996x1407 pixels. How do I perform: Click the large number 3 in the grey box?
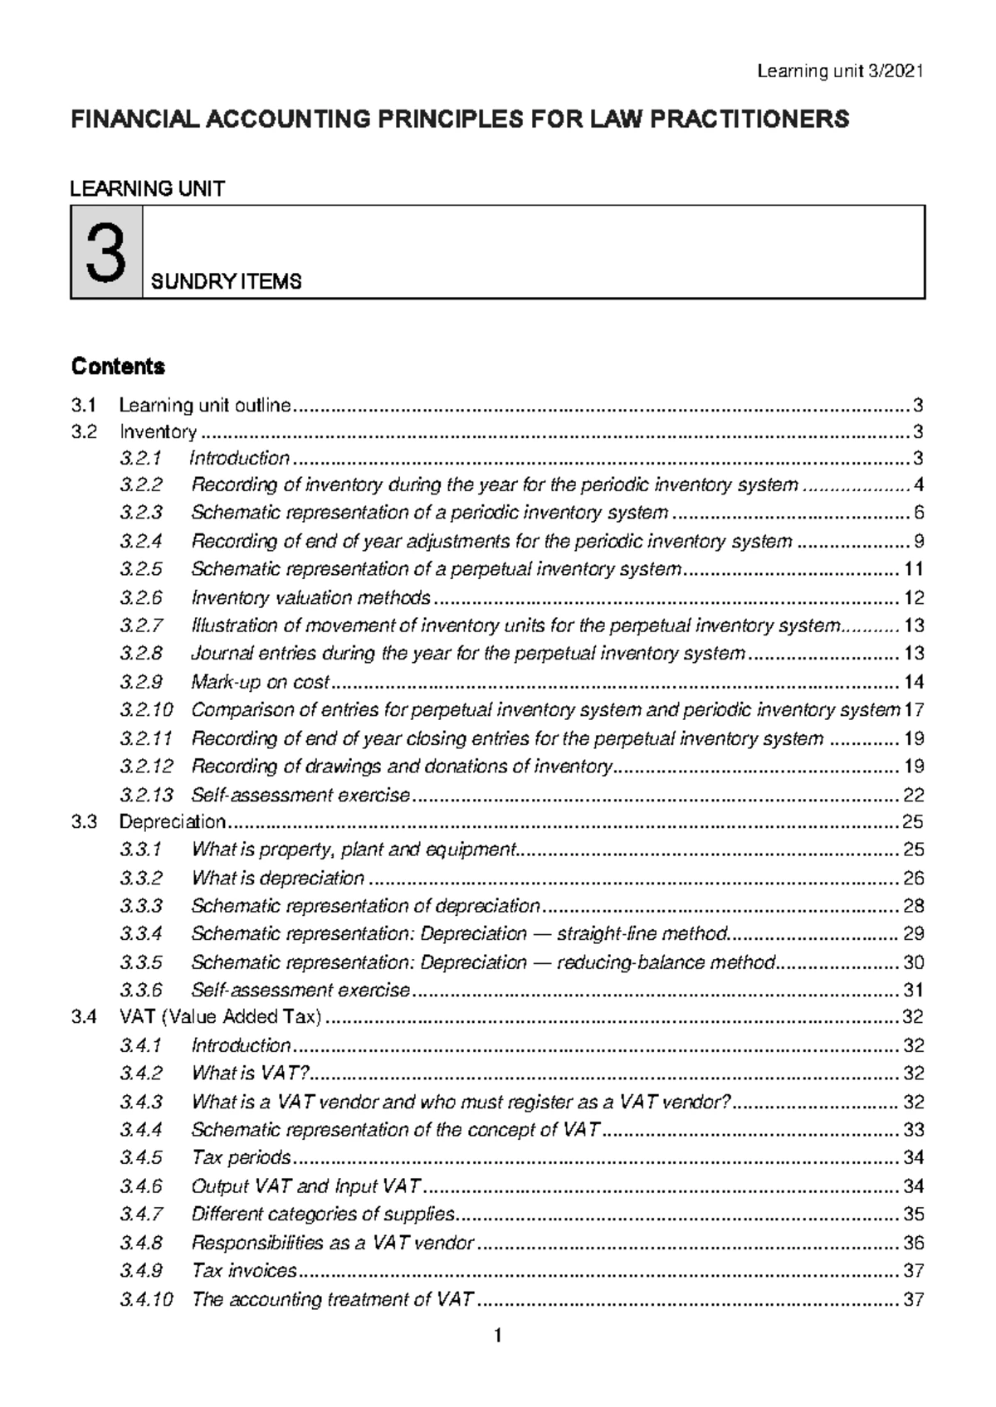tap(106, 253)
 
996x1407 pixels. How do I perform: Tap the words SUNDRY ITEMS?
tap(226, 282)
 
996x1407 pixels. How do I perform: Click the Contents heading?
tap(118, 366)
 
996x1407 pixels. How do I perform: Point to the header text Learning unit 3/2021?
tap(840, 71)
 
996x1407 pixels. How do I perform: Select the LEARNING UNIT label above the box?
tap(147, 188)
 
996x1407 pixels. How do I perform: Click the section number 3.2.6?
tap(141, 598)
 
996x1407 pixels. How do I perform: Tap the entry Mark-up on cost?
tap(261, 682)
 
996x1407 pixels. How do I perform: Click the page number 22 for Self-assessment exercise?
tap(913, 795)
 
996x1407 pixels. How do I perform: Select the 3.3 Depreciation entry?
tap(173, 822)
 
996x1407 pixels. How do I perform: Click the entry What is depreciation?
tap(278, 878)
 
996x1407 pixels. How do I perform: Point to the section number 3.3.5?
tap(141, 962)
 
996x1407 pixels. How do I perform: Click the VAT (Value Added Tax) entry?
tap(220, 1017)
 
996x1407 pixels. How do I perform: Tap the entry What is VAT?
tap(250, 1074)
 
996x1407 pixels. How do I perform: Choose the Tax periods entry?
tap(241, 1157)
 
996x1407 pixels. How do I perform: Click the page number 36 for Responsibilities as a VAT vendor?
tap(913, 1243)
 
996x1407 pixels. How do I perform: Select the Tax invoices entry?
tap(244, 1271)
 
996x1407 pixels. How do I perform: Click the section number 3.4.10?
tap(146, 1299)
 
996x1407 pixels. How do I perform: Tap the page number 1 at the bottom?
tap(497, 1336)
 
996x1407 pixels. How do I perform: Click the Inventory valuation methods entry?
tap(311, 598)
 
